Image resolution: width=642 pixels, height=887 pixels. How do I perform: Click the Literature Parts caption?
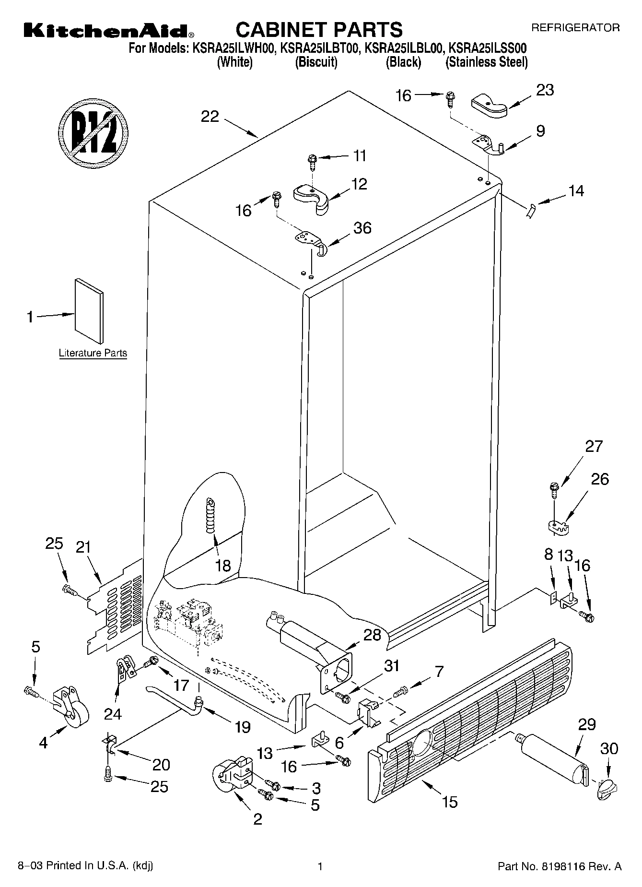(93, 353)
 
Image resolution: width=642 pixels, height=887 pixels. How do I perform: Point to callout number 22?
(210, 117)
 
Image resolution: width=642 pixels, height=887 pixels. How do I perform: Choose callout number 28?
(372, 634)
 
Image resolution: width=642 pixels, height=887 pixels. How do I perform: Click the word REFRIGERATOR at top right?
(575, 28)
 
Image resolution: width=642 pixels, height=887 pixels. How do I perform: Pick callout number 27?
(594, 446)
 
